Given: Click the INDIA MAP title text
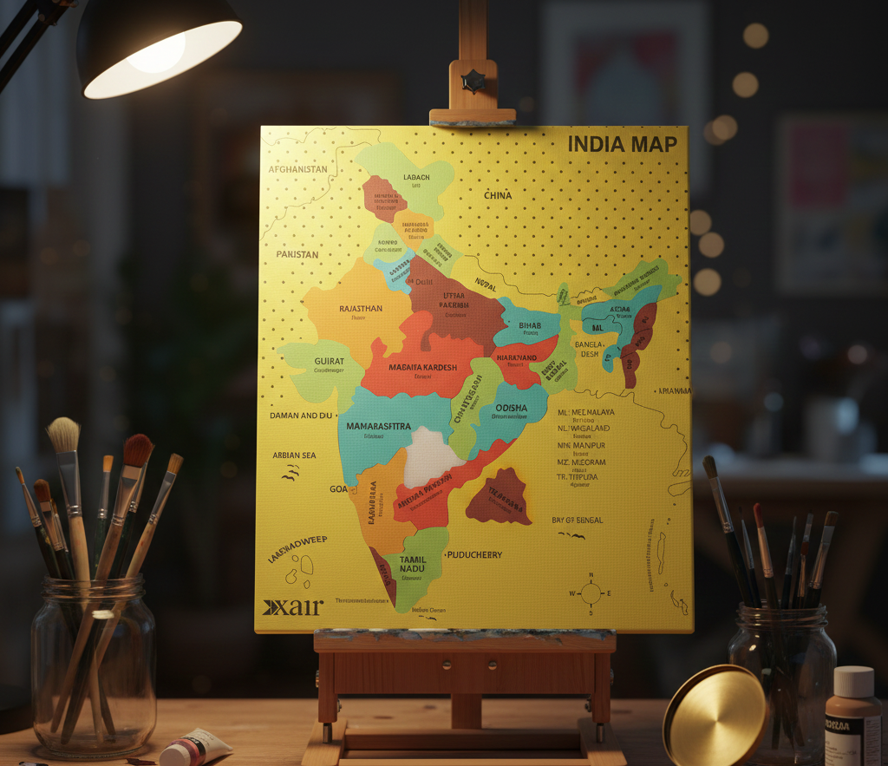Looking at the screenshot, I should (622, 144).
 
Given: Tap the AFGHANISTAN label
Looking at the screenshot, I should (298, 169).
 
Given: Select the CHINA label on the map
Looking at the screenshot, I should (498, 195).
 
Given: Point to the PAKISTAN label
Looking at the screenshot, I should (297, 254).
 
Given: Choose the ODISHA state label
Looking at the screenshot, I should (511, 409).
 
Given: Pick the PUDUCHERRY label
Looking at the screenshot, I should (473, 554).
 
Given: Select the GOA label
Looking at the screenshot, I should (338, 489).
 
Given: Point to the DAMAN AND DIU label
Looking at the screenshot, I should (301, 416).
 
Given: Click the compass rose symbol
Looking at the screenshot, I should (591, 593).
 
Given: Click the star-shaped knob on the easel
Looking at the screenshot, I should (473, 82).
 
